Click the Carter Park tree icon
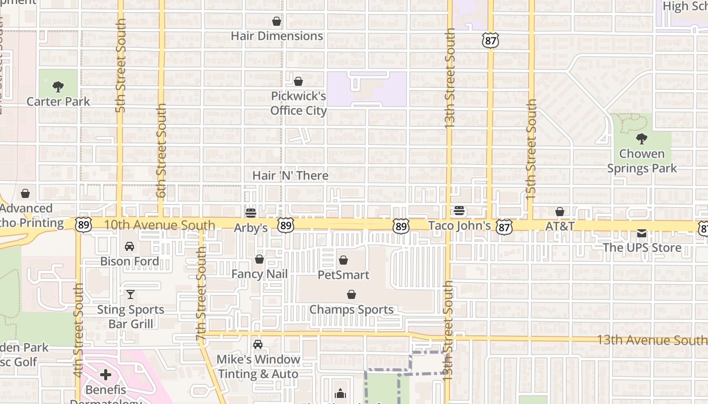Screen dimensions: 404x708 (58, 86)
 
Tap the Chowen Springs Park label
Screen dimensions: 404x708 (642, 161)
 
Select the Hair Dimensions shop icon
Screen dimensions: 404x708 (277, 21)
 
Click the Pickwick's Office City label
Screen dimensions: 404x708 (298, 103)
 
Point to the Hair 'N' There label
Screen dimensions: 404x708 (290, 175)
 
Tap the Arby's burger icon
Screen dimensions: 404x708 (250, 213)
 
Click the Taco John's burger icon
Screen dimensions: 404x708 (459, 211)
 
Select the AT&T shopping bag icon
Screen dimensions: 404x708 (560, 212)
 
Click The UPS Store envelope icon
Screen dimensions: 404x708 (642, 233)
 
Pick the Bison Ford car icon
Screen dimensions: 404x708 (129, 246)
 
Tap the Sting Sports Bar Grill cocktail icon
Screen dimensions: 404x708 (130, 294)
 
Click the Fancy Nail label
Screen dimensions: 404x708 (259, 274)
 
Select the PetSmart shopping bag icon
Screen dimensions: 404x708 (343, 260)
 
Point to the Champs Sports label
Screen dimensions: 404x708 (351, 309)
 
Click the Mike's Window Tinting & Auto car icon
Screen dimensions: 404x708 (258, 344)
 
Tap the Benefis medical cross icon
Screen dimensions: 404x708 (106, 375)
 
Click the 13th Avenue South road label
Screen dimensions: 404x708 (651, 339)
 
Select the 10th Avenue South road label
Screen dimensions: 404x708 (160, 225)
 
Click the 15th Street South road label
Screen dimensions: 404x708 (531, 149)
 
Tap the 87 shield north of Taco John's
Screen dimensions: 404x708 (491, 40)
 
